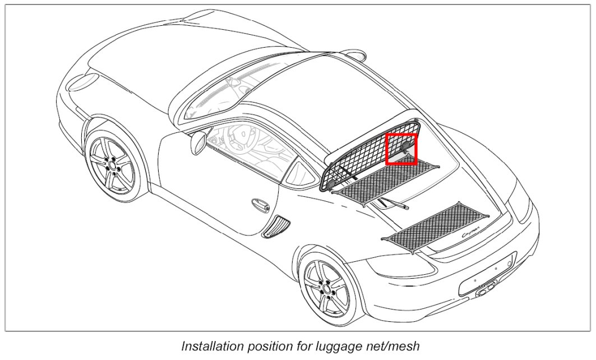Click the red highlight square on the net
pos(401,149)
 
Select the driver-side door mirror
pos(198,143)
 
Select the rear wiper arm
pos(392,204)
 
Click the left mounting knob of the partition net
pos(332,183)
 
